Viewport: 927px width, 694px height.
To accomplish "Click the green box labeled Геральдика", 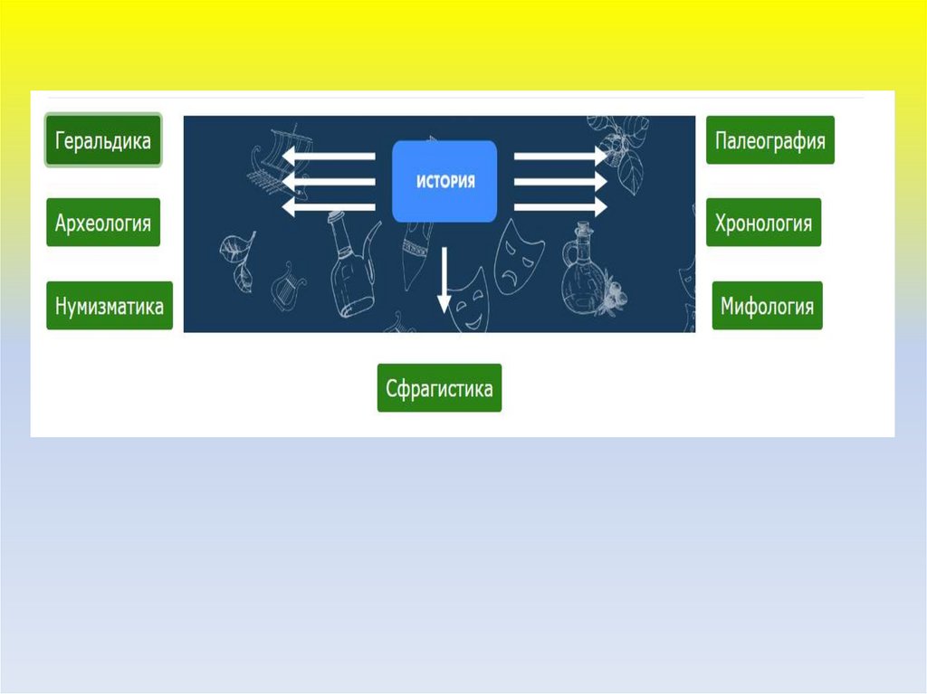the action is [103, 140].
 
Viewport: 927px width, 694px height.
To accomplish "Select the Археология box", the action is [103, 223].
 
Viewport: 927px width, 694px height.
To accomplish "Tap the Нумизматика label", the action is [110, 306].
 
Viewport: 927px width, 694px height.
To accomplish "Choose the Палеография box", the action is [769, 140].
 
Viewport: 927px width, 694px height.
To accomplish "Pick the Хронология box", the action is [763, 223].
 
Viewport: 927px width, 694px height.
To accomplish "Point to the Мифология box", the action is [767, 306].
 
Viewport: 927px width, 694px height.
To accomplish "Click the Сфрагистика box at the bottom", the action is [439, 388].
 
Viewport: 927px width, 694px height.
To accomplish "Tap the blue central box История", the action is [444, 181].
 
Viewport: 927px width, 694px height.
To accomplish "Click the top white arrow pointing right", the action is [560, 156].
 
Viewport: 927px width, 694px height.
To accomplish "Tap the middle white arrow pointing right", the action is [560, 181].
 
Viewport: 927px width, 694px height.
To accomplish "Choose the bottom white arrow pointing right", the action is [560, 207].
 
